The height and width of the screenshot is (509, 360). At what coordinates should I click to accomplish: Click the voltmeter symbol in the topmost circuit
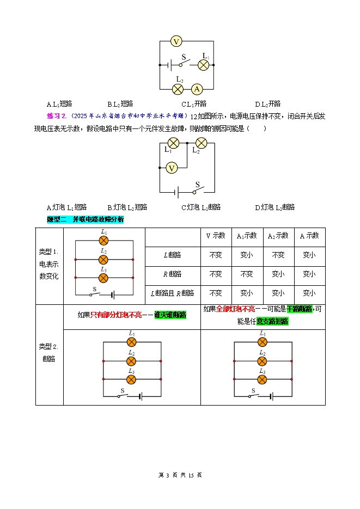point(175,41)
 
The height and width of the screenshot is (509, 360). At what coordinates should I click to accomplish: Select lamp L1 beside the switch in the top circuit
point(203,65)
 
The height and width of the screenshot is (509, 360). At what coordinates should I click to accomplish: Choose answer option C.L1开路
point(194,103)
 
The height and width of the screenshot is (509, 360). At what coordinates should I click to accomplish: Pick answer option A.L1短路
point(59,103)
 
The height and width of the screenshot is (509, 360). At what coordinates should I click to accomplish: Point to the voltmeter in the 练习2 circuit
point(172,168)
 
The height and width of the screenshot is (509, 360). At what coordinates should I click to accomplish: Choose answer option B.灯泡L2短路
point(127,207)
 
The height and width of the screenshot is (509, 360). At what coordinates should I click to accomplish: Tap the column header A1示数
point(247,236)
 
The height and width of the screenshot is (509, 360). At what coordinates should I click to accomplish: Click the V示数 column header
point(215,236)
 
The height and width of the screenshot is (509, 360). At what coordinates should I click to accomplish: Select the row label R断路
point(172,274)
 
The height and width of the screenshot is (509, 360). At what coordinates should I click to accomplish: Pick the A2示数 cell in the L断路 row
point(278,254)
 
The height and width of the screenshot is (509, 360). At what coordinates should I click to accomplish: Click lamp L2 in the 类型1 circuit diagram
point(103,259)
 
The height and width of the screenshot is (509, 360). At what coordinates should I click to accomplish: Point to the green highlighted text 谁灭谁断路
point(170,315)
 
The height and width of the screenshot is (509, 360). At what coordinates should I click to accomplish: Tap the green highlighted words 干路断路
point(300,309)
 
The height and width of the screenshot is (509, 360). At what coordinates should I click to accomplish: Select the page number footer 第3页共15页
point(180,475)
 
